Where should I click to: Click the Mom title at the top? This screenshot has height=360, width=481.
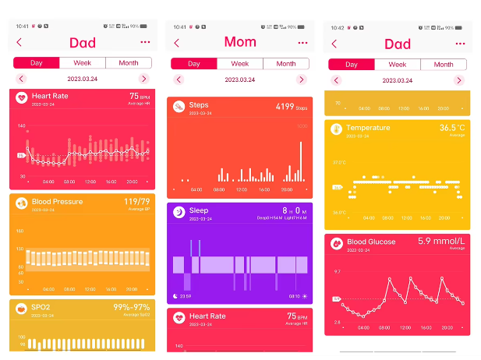click(x=240, y=41)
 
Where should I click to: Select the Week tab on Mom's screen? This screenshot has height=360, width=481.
click(x=239, y=64)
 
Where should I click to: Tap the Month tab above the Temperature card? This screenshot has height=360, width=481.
click(x=444, y=65)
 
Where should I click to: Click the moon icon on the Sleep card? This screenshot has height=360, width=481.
click(x=179, y=211)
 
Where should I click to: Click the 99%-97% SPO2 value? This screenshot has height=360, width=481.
click(x=133, y=308)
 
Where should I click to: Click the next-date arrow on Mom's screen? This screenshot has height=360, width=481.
click(x=302, y=79)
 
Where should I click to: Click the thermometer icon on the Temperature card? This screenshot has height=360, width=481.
click(x=336, y=129)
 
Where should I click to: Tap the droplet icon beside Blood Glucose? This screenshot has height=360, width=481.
click(x=336, y=243)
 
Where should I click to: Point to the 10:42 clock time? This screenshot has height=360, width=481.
click(x=337, y=27)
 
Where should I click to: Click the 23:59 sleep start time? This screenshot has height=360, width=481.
click(x=186, y=296)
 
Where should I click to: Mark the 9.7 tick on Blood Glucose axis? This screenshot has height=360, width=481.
click(x=337, y=272)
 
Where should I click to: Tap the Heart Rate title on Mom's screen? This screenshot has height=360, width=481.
click(x=207, y=316)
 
